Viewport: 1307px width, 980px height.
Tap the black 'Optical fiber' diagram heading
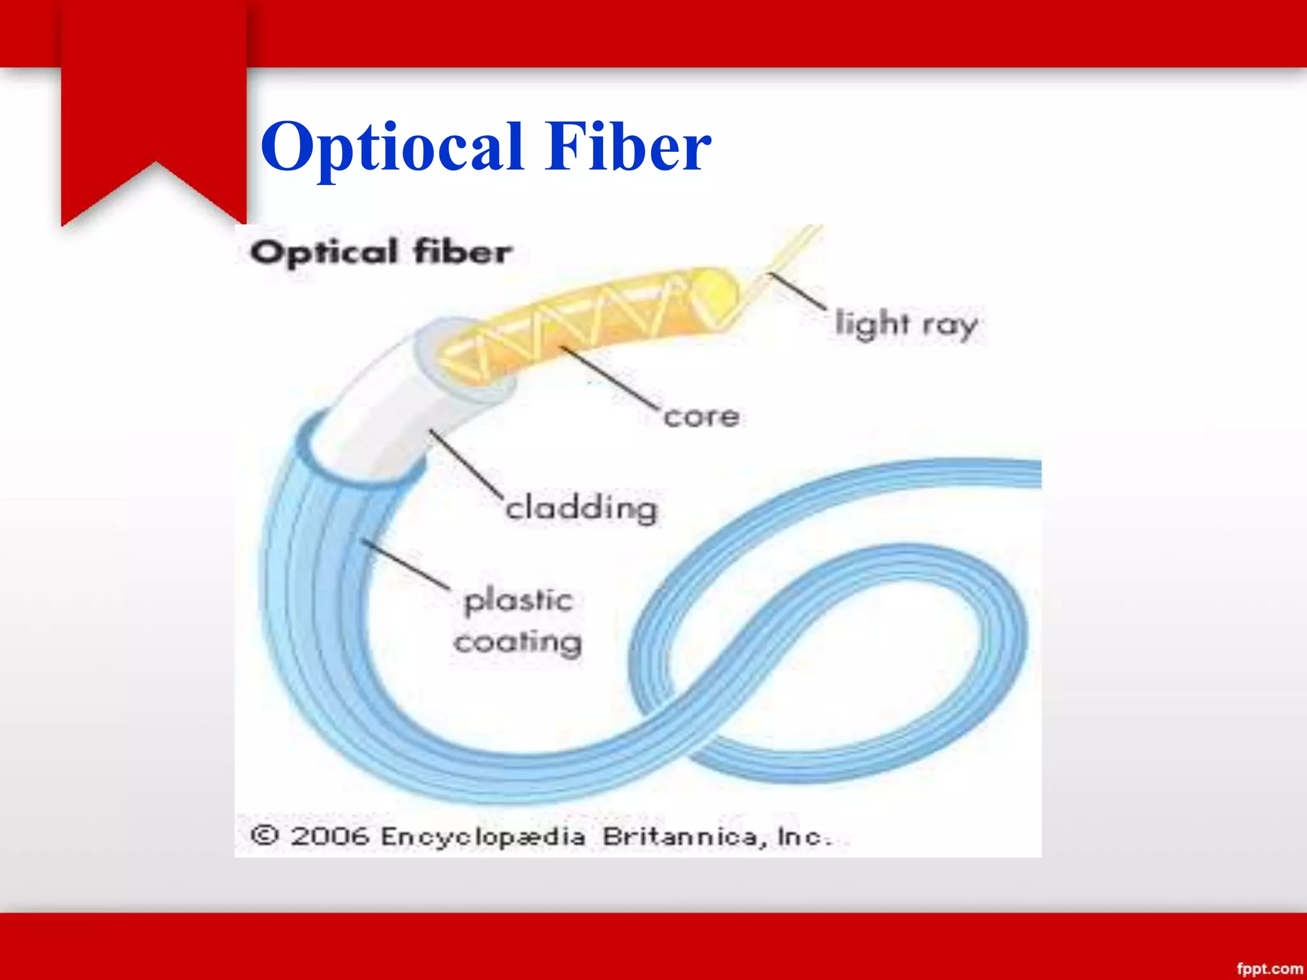tap(381, 251)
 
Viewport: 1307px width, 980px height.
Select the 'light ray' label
tap(906, 324)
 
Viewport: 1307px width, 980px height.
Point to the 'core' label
tap(701, 417)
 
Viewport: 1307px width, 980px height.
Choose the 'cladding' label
tap(581, 509)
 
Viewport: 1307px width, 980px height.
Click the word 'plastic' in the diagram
tap(518, 601)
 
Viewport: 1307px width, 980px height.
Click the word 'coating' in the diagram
tap(518, 642)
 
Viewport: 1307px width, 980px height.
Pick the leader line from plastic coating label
tap(406, 564)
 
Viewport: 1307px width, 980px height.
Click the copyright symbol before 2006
tap(264, 835)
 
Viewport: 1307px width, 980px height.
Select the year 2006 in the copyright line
tap(330, 836)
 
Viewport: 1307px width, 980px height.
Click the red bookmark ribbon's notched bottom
tap(154, 185)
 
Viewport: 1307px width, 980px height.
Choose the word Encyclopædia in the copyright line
tap(482, 836)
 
